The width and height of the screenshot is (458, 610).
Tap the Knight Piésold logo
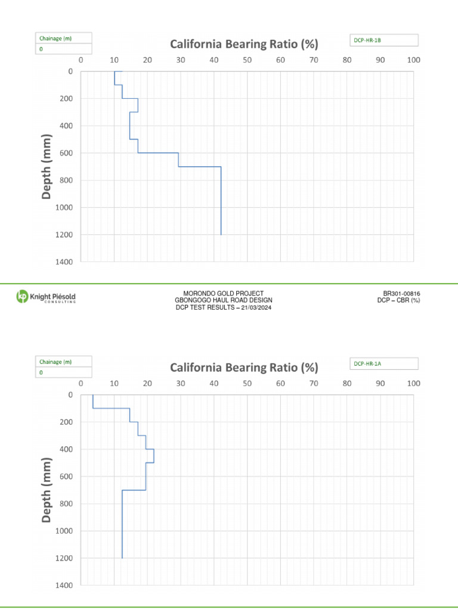(46, 297)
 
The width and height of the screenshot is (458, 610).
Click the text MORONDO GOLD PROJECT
(223, 294)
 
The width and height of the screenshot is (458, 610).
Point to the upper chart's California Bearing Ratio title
(244, 45)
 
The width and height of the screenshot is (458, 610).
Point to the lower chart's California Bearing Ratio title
(244, 368)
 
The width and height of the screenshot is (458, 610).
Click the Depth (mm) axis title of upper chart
(47, 166)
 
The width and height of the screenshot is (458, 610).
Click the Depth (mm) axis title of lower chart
(47, 490)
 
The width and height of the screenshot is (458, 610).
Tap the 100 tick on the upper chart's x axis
(413, 60)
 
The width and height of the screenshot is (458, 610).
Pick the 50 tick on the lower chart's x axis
(247, 384)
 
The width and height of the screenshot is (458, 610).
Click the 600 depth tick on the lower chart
(67, 477)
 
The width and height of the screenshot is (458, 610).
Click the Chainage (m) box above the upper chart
(63, 38)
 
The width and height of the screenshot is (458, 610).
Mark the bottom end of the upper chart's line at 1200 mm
(221, 235)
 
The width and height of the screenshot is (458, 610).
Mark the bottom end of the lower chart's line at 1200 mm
(122, 558)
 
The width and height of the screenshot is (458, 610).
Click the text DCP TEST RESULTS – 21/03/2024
(223, 307)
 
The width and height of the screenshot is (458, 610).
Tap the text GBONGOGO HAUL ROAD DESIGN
(223, 300)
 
